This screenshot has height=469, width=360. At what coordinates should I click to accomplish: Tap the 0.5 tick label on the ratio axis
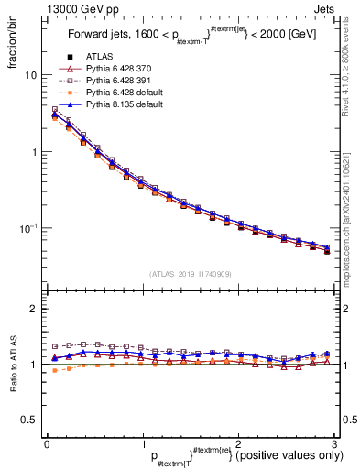click(27, 420)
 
